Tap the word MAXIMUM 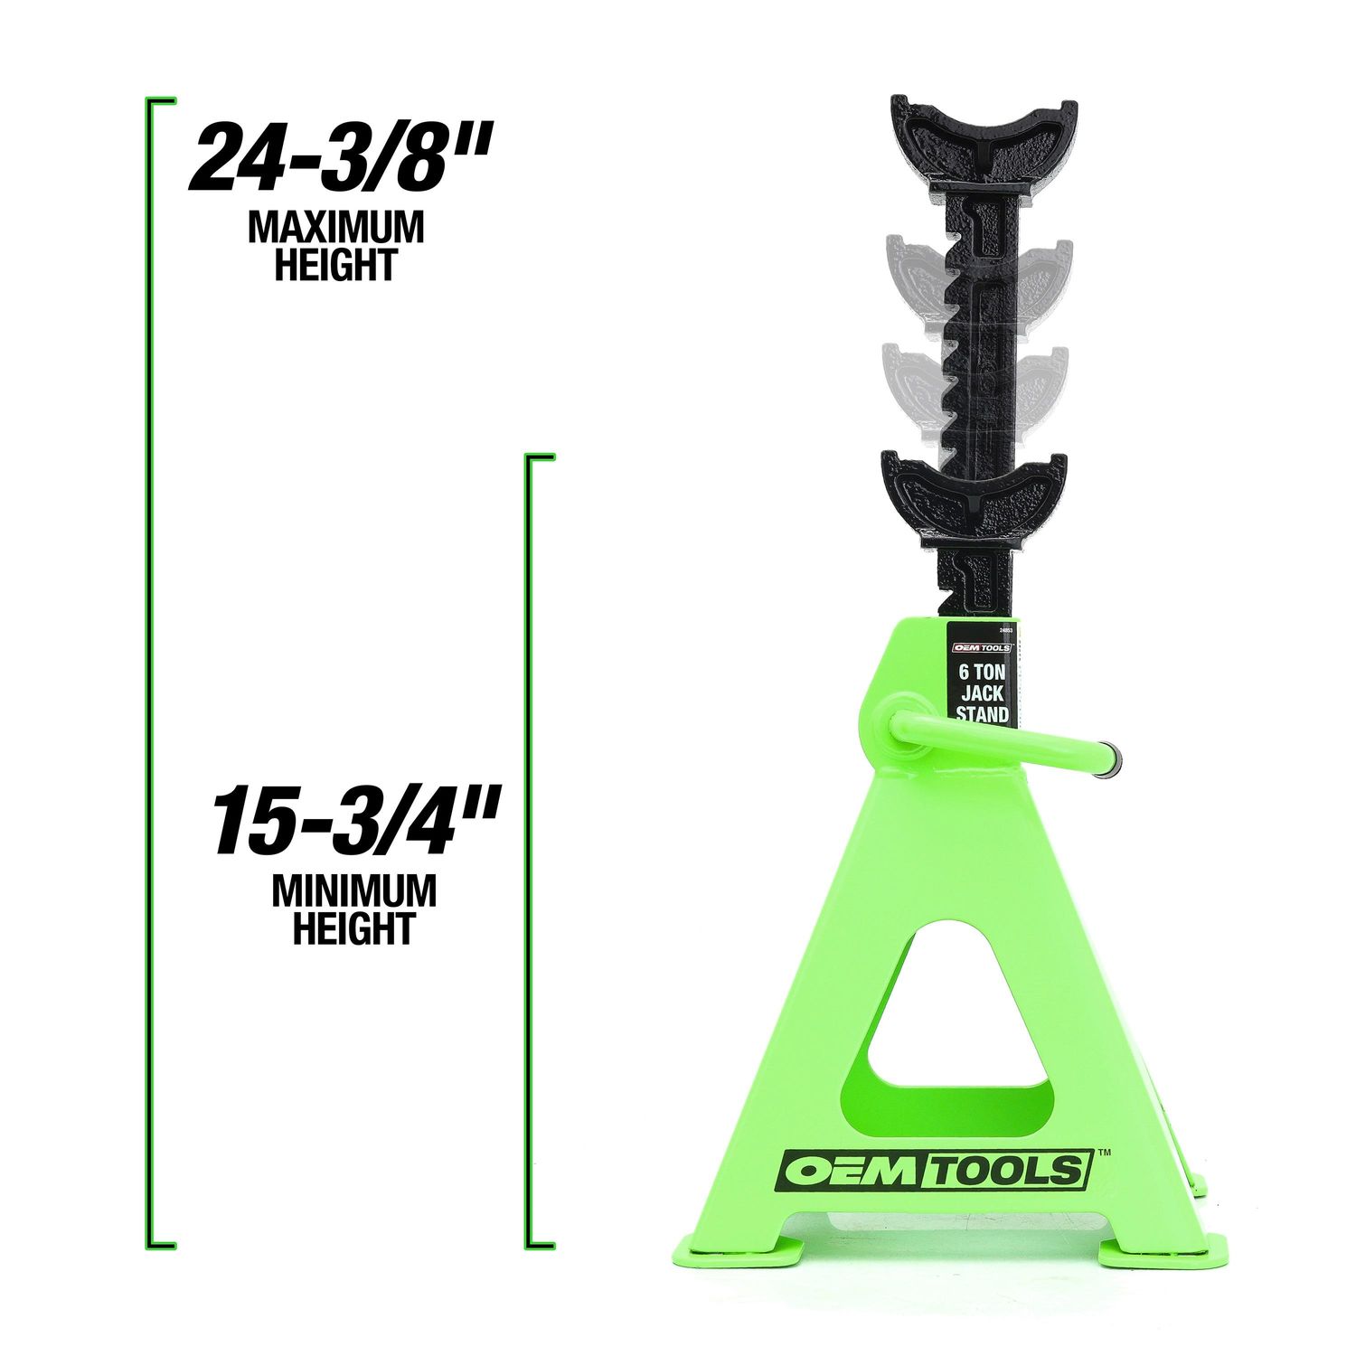point(336,228)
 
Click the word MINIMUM point(354,891)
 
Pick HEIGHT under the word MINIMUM point(354,928)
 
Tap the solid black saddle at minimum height point(973,497)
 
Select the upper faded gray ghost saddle point(979,271)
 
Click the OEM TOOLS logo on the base point(937,1172)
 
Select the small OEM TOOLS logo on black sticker point(982,647)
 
